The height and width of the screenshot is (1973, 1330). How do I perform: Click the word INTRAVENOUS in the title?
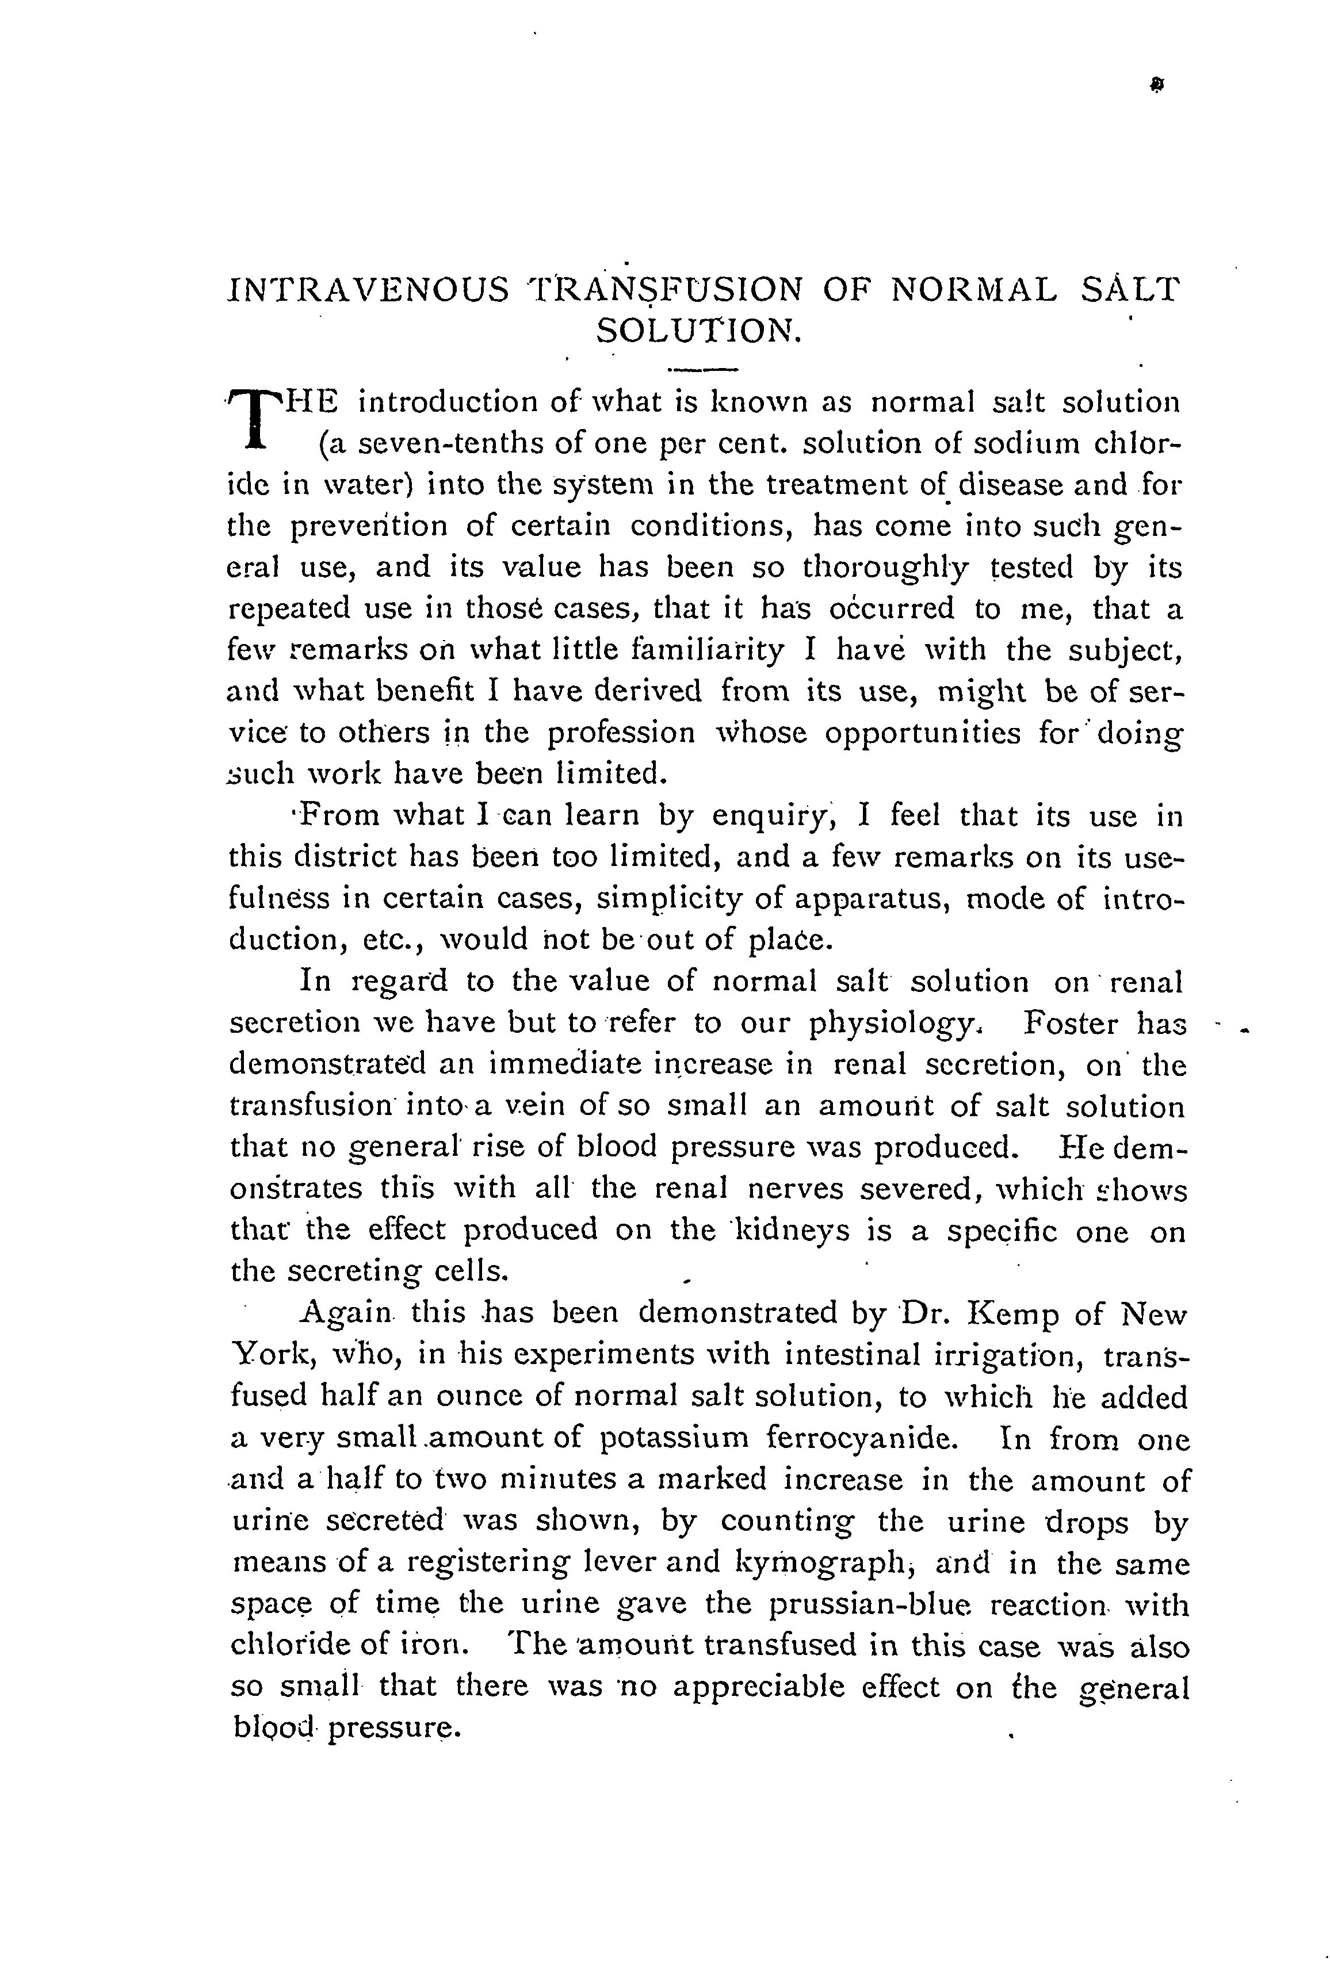pos(369,291)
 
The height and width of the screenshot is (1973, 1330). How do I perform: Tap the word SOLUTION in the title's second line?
pos(697,331)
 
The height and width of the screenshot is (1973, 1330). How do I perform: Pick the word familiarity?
pos(686,650)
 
